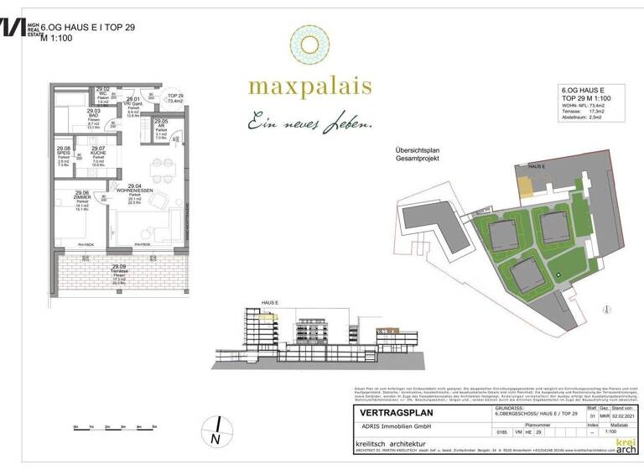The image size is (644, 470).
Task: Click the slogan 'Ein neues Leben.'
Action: pos(309,123)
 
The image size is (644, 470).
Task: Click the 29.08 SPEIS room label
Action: pos(64,154)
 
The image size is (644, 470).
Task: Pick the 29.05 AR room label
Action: pos(161,128)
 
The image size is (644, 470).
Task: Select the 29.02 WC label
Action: pos(103,93)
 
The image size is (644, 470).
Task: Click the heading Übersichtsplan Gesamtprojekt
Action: pos(418,154)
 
